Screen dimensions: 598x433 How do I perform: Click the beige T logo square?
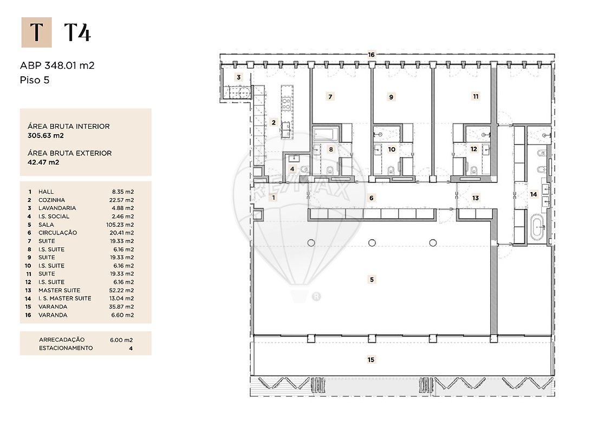pos(37,32)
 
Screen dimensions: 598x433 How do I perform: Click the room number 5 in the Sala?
pos(372,279)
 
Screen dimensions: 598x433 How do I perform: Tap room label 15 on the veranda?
pos(371,359)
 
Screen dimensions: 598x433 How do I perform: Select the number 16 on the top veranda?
pos(372,55)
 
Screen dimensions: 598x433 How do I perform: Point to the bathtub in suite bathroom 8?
pos(326,134)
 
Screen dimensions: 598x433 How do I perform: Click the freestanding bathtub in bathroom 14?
pos(538,227)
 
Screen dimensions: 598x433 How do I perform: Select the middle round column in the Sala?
pos(372,243)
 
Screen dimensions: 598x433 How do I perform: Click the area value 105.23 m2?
pos(120,225)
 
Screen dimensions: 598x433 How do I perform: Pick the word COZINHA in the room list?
pos(51,200)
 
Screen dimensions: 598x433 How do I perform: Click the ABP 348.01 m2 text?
pos(57,65)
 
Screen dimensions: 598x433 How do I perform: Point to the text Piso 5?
pos(35,80)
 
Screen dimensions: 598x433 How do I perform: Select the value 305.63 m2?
pos(45,135)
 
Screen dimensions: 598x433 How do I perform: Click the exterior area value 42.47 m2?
pos(43,162)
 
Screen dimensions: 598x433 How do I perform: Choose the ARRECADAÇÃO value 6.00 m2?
pos(121,340)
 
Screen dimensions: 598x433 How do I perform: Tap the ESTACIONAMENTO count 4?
pos(131,349)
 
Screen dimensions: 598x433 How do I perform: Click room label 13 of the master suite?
pos(475,198)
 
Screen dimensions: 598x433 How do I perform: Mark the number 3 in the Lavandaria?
pos(239,77)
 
